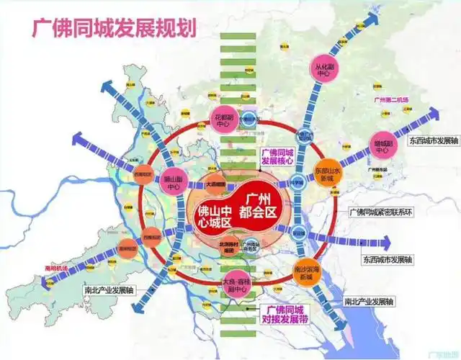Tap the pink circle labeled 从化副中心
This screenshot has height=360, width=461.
click(x=322, y=68)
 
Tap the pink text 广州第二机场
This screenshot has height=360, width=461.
click(x=390, y=101)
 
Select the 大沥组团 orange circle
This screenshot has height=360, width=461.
click(x=215, y=184)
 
